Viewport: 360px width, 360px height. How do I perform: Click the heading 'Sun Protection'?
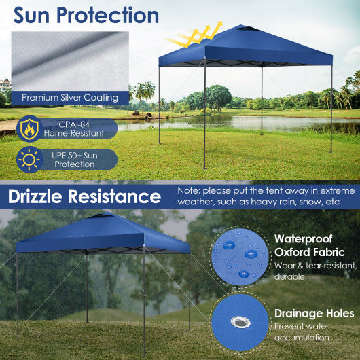(86, 15)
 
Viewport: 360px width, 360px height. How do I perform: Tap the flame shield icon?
(29, 129)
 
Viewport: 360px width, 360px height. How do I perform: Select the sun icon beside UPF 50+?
(29, 160)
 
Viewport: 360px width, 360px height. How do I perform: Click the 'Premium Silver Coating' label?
(70, 98)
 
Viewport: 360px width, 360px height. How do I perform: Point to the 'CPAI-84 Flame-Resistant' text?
(73, 129)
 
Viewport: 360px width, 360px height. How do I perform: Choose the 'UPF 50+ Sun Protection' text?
(75, 160)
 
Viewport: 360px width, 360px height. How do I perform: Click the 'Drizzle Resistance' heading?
(84, 197)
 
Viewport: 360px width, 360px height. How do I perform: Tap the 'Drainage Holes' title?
(313, 313)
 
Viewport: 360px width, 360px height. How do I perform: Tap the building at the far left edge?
(5, 85)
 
